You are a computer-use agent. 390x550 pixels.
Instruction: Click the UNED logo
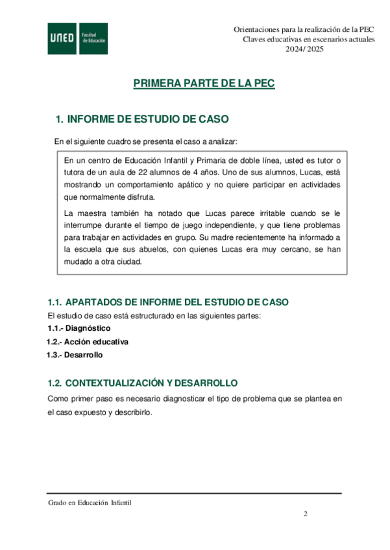click(62, 39)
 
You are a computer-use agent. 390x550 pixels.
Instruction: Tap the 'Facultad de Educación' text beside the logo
click(94, 39)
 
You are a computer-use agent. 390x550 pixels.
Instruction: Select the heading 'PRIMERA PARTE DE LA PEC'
click(204, 84)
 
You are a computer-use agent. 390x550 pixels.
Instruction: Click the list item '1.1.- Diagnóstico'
click(74, 328)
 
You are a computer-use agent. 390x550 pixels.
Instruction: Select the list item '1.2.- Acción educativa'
click(87, 341)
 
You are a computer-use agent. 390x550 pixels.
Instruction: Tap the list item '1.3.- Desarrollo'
click(74, 354)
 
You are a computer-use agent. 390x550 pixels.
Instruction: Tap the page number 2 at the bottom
click(305, 514)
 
